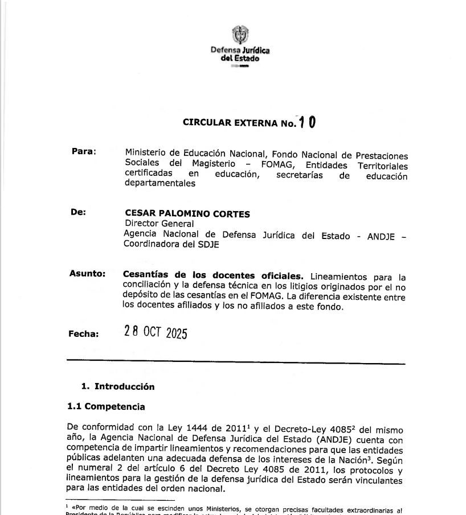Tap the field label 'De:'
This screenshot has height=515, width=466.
click(x=78, y=212)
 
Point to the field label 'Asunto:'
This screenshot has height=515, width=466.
click(x=87, y=273)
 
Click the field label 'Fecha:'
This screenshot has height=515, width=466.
click(x=84, y=334)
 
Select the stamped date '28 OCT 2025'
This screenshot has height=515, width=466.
click(x=156, y=332)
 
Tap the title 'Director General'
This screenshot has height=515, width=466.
click(x=151, y=224)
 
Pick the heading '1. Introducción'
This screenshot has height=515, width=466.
click(x=117, y=386)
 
